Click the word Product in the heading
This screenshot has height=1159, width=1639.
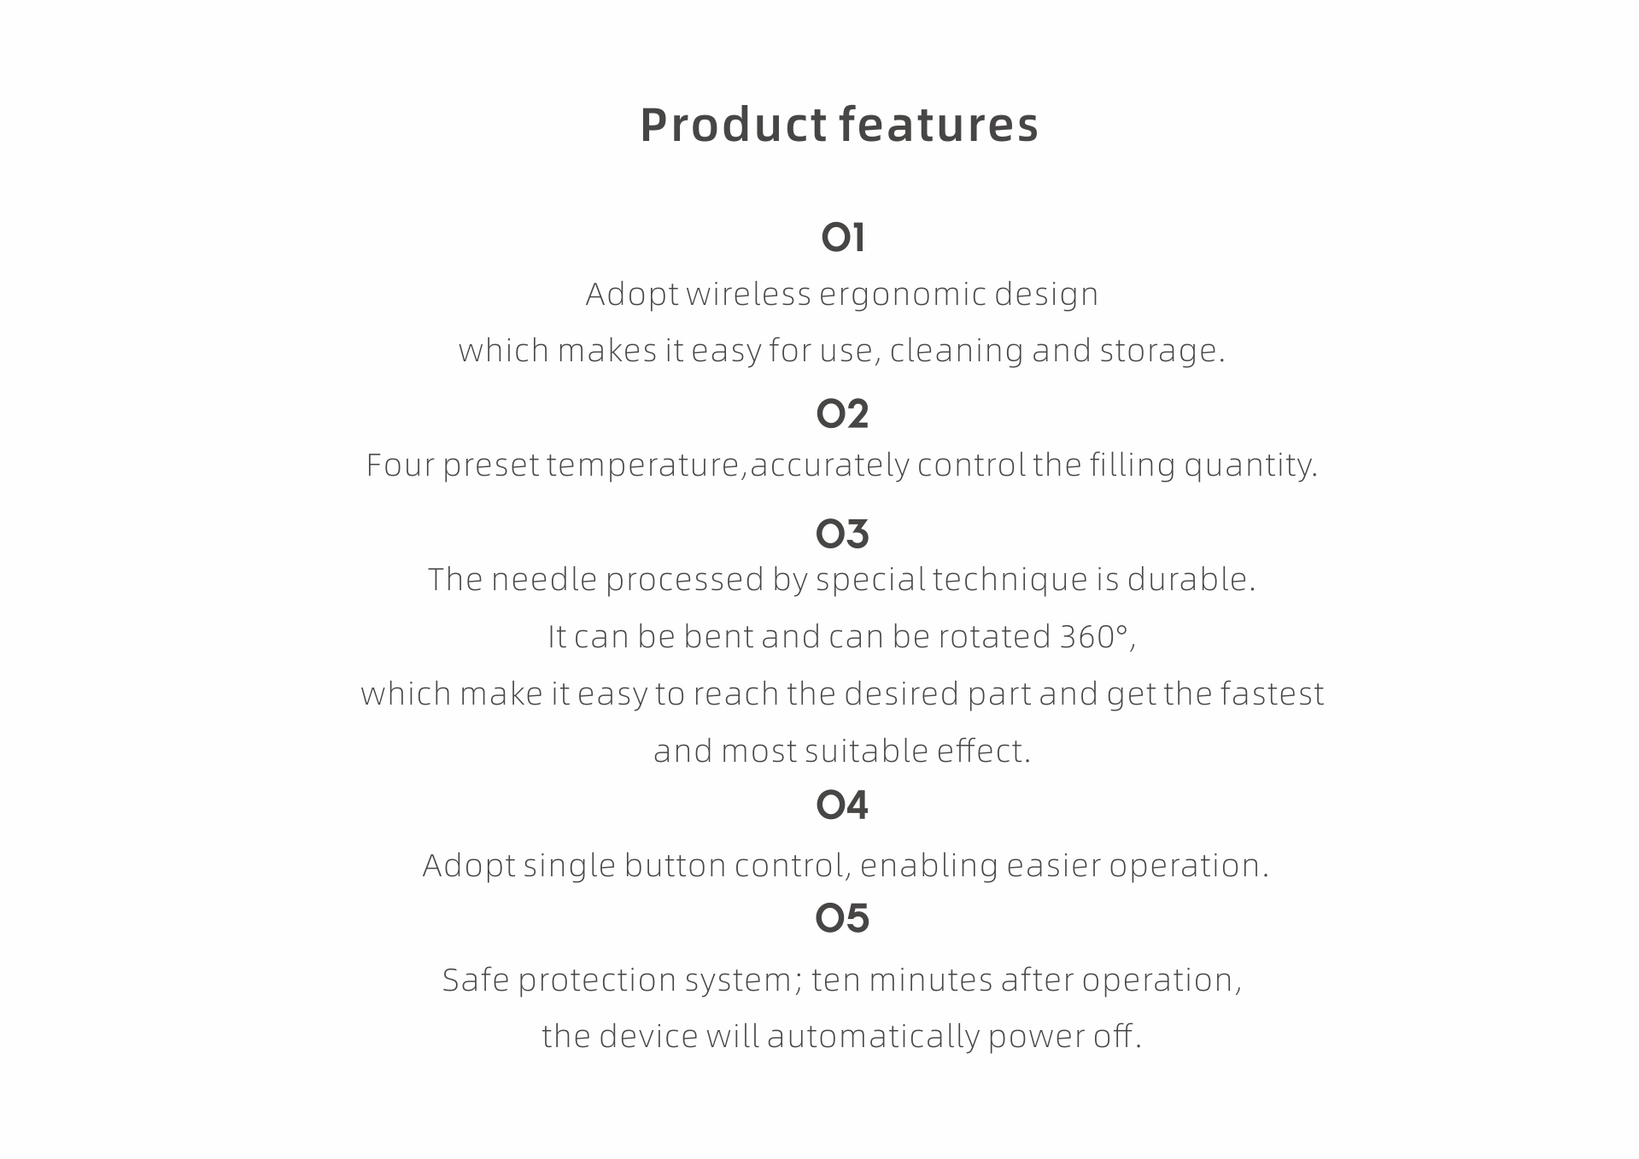[x=734, y=125]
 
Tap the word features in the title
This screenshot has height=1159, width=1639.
[x=939, y=125]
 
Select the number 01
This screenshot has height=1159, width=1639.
[x=843, y=237]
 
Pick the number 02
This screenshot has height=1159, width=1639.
[x=842, y=414]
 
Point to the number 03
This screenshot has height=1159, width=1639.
[x=842, y=534]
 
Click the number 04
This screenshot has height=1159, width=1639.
[x=842, y=805]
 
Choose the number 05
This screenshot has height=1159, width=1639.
[x=842, y=918]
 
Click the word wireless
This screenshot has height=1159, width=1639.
[x=748, y=295]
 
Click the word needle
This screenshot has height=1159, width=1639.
[x=544, y=580]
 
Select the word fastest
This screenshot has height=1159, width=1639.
[x=1272, y=694]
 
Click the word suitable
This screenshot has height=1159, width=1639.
[x=866, y=752]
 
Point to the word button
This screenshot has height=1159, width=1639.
[x=675, y=866]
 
